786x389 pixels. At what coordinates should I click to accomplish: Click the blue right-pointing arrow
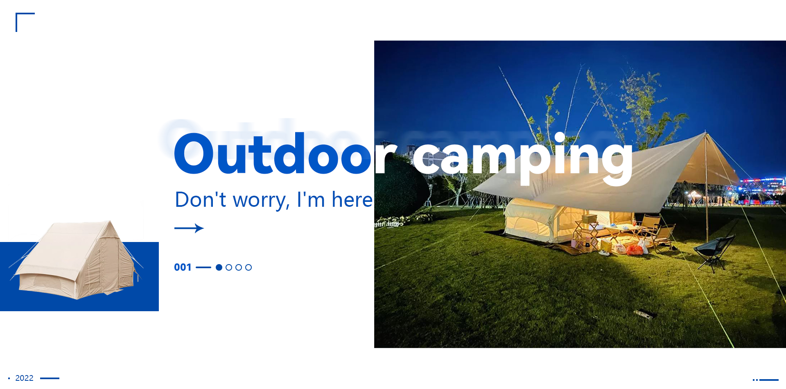pyautogui.click(x=189, y=228)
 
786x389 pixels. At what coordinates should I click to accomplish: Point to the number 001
pyautogui.click(x=183, y=267)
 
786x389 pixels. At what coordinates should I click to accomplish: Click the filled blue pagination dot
pyautogui.click(x=219, y=267)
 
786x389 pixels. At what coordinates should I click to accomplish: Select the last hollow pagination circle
pyautogui.click(x=248, y=267)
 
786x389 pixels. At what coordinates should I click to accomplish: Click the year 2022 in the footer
pyautogui.click(x=24, y=378)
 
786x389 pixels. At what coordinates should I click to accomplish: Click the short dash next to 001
pyautogui.click(x=203, y=267)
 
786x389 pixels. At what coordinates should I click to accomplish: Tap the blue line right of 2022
pyautogui.click(x=50, y=378)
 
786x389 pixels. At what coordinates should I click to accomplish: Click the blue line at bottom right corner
pyautogui.click(x=769, y=380)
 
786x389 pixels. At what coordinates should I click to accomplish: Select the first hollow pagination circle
pyautogui.click(x=229, y=267)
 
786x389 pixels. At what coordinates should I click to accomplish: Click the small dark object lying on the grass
pyautogui.click(x=645, y=314)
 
